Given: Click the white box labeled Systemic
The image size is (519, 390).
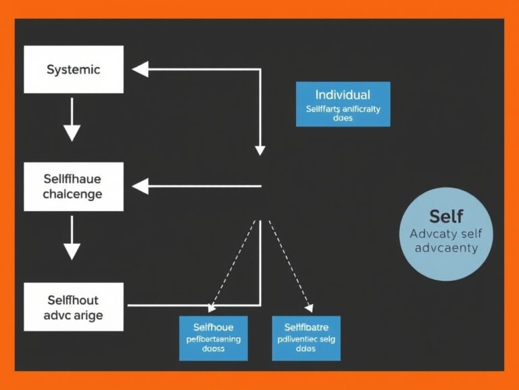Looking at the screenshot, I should [74, 69].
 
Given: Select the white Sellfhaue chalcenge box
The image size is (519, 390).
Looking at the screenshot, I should [74, 186].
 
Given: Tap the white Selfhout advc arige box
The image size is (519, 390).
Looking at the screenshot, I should [74, 307].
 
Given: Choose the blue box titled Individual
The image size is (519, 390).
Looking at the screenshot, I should [343, 104].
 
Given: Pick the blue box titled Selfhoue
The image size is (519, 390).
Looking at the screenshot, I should [213, 337].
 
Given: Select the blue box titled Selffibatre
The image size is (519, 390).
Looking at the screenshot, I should [306, 337].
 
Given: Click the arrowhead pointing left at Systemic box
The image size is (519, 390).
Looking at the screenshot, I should [140, 69].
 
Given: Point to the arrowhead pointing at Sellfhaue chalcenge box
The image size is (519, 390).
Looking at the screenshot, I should [140, 185].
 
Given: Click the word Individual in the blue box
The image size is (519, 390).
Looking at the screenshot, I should [343, 95].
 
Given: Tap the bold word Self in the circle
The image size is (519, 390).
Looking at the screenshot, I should [446, 216].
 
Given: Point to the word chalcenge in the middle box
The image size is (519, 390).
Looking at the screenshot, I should [72, 194].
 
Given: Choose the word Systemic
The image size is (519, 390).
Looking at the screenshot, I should [73, 69].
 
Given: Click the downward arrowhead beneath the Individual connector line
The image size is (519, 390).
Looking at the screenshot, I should [259, 149].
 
